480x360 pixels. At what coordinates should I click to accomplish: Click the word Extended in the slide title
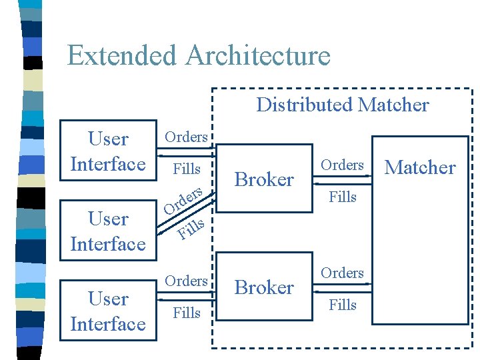pyautogui.click(x=123, y=55)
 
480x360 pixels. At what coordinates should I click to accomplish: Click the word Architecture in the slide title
pyautogui.click(x=258, y=55)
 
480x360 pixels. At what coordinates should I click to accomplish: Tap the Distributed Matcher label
pyautogui.click(x=342, y=105)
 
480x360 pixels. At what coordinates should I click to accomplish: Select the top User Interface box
pyautogui.click(x=108, y=151)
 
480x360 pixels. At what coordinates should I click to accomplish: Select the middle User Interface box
pyautogui.click(x=108, y=231)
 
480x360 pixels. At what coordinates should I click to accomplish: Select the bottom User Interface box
pyautogui.click(x=108, y=311)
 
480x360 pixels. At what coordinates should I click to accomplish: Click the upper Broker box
pyautogui.click(x=265, y=179)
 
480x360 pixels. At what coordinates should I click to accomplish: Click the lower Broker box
pyautogui.click(x=265, y=287)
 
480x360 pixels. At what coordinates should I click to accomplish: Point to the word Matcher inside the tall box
pyautogui.click(x=420, y=167)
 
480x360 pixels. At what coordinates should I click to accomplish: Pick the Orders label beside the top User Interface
pyautogui.click(x=187, y=137)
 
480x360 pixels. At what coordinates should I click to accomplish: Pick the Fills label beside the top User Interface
pyautogui.click(x=187, y=169)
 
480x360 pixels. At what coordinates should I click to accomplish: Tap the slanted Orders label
pyautogui.click(x=183, y=201)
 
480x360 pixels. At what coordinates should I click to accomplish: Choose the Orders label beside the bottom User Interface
pyautogui.click(x=187, y=281)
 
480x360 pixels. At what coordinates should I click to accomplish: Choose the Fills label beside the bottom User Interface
pyautogui.click(x=187, y=312)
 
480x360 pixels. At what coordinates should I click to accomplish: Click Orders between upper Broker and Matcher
pyautogui.click(x=342, y=165)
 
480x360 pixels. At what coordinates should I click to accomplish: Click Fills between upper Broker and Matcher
pyautogui.click(x=343, y=197)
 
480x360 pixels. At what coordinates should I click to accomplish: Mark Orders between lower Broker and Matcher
pyautogui.click(x=342, y=273)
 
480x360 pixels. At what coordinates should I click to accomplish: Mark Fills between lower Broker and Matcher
pyautogui.click(x=343, y=305)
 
